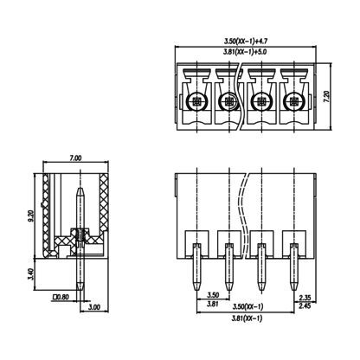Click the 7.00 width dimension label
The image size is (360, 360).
pos(75,158)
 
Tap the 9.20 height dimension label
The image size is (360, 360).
pos(32,215)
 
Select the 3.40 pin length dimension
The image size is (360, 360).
pos(32,274)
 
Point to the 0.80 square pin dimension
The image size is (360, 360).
pos(61,297)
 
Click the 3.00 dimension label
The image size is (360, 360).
pos(94,307)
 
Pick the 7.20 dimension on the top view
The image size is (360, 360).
pos(326,97)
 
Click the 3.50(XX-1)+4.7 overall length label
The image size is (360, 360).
pos(246,42)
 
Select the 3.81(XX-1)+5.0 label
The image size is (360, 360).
pos(245,52)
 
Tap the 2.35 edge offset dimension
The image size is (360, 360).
pos(305,298)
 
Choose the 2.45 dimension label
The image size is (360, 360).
pos(305,305)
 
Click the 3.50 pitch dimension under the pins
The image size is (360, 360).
pos(213,295)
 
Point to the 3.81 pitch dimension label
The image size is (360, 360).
pos(213,304)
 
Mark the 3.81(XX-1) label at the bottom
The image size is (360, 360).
pos(247,318)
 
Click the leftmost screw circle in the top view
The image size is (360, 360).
pos(197,101)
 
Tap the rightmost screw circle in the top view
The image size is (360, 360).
pos(294,101)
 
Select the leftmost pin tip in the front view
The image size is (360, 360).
pos(197,290)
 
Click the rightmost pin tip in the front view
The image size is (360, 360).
pos(294,290)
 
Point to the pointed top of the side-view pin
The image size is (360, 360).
pos(80,188)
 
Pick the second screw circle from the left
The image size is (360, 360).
pos(229,101)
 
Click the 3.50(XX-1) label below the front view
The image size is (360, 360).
pos(247,306)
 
